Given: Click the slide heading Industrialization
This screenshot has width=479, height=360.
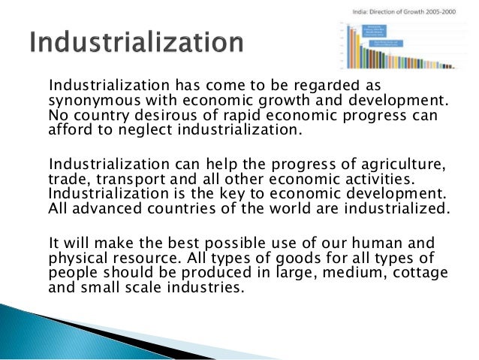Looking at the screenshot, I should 137,42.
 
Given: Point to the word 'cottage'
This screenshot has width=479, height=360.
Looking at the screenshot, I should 419,272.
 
